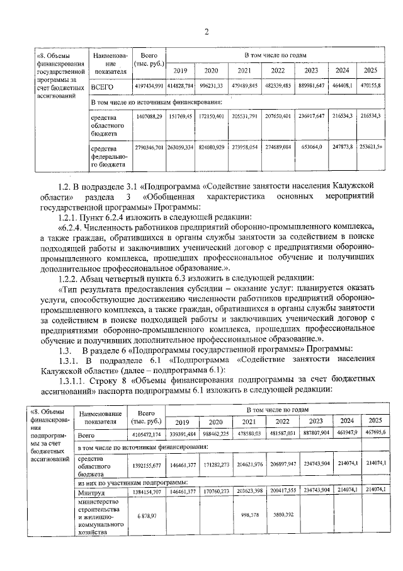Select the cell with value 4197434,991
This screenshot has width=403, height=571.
[x=149, y=85]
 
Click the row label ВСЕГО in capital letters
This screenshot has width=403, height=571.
[x=102, y=86]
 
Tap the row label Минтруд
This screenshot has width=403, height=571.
[x=89, y=490]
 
